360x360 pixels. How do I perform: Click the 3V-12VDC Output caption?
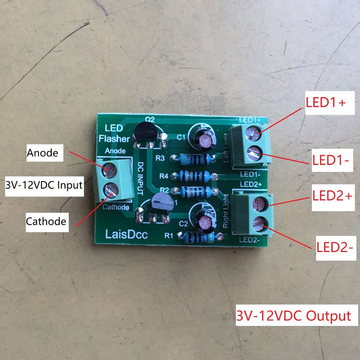pyautogui.click(x=293, y=316)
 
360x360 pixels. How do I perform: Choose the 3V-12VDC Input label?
pyautogui.click(x=44, y=186)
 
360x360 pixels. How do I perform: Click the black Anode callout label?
pyautogui.click(x=42, y=153)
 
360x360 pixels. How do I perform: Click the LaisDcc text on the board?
pyautogui.click(x=127, y=235)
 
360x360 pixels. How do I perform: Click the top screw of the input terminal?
pyautogui.click(x=109, y=168)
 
